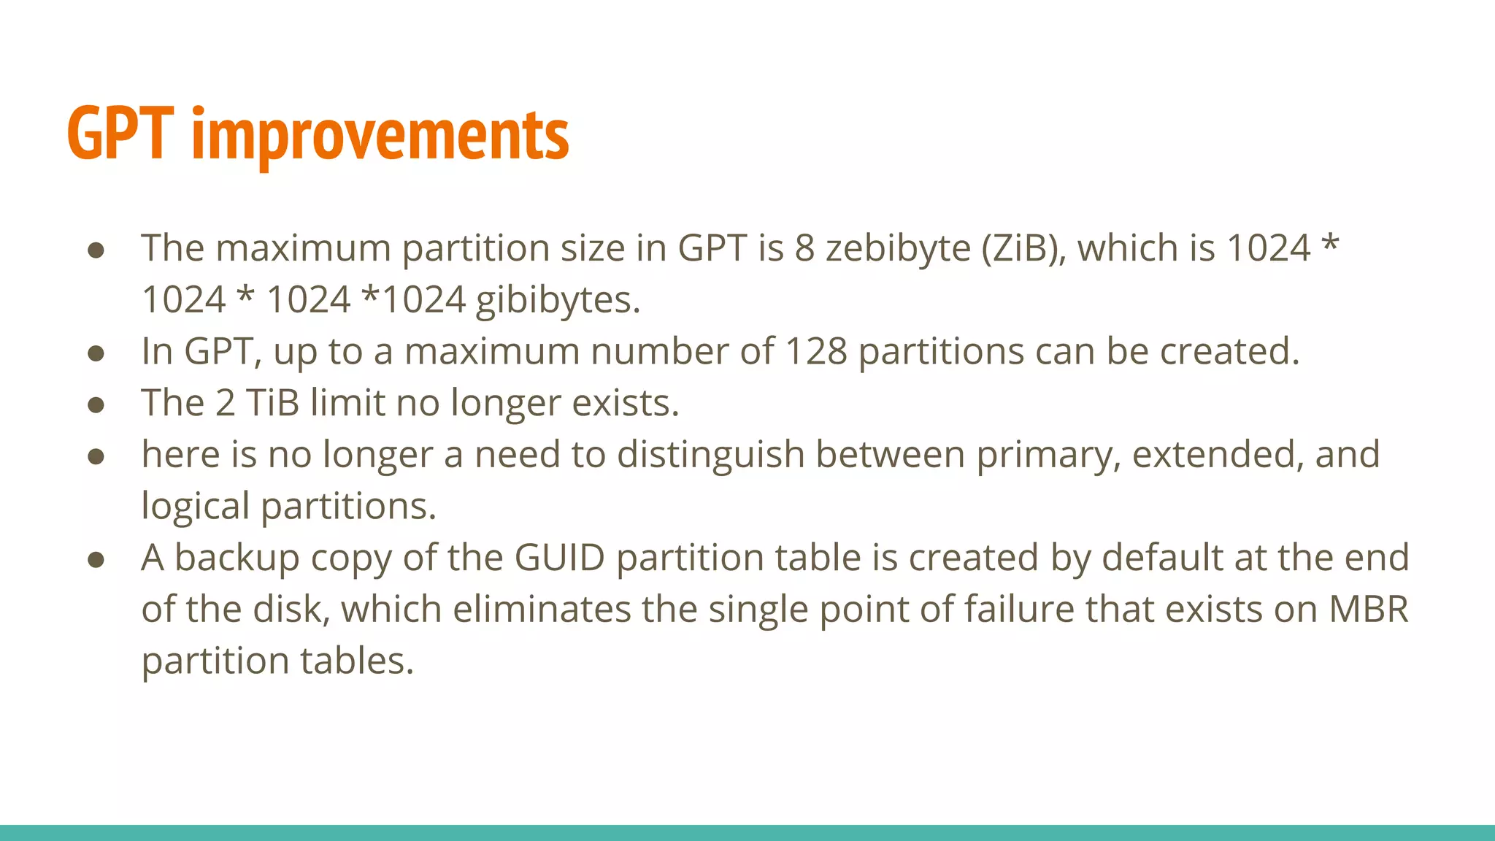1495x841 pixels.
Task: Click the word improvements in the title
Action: [380, 135]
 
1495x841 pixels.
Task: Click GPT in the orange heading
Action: [120, 134]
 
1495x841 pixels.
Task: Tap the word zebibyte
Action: [898, 249]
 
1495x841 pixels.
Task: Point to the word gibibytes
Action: [558, 301]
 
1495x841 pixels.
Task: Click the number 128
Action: [815, 352]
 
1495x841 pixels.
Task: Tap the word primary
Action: [1048, 456]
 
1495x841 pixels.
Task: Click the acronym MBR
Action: [1369, 610]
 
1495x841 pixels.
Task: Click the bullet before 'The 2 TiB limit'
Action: [96, 405]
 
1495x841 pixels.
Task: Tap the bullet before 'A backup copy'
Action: [96, 560]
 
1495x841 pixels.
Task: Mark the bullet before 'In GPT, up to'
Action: [96, 354]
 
